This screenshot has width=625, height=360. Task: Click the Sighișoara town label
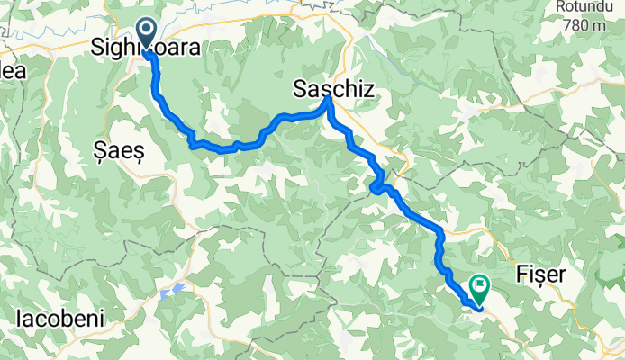coord(146,47)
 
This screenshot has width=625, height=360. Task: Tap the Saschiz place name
coord(334,88)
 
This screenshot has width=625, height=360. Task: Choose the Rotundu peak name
coord(590,7)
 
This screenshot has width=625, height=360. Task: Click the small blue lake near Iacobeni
coord(173,291)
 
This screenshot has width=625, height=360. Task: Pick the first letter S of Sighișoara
coord(99,47)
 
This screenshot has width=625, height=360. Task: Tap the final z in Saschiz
coord(367,88)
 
